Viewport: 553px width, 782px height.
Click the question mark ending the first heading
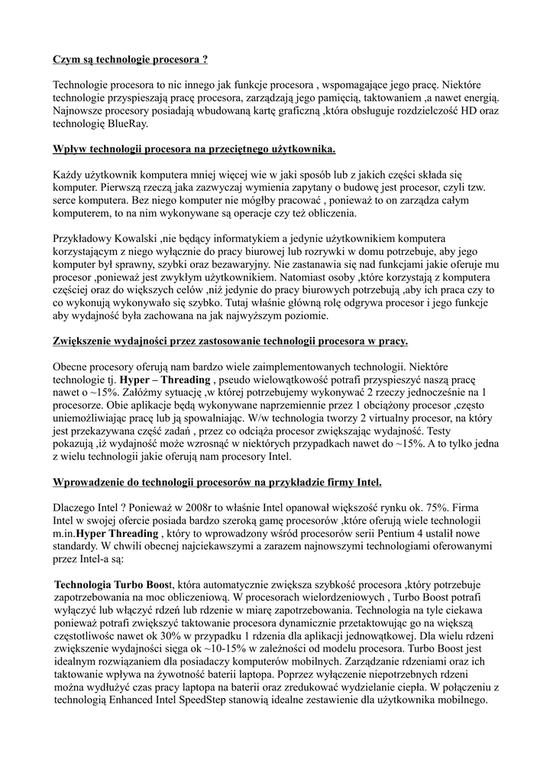tap(205, 59)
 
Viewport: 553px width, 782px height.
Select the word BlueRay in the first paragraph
tap(129, 123)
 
